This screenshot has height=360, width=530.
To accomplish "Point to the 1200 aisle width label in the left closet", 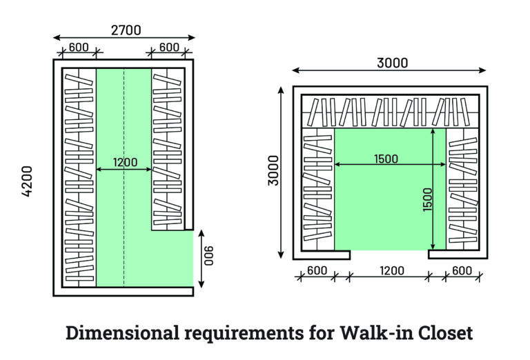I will click(124, 163).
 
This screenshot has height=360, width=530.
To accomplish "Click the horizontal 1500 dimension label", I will click(385, 159).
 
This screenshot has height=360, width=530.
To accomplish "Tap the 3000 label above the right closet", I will click(392, 63).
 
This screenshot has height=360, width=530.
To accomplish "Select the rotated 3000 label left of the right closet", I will click(273, 170).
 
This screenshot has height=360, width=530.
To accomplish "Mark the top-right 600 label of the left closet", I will click(168, 48).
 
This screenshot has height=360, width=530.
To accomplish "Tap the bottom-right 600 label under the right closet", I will click(461, 270).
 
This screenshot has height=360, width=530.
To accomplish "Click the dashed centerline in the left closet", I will click(124, 207).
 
